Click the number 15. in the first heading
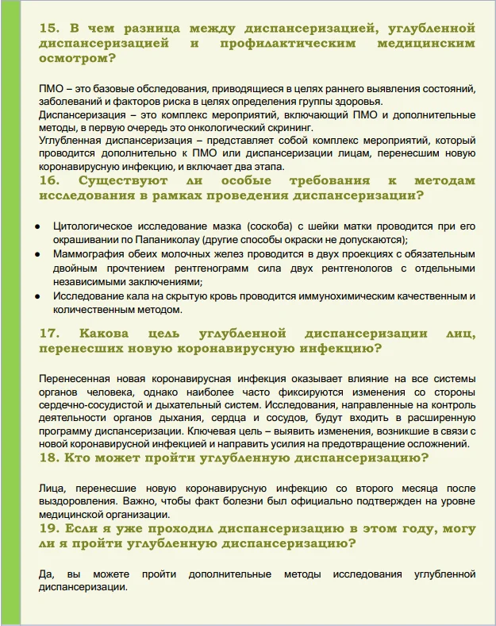50,29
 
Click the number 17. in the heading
50,332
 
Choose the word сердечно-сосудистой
87,403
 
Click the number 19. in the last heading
50,528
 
